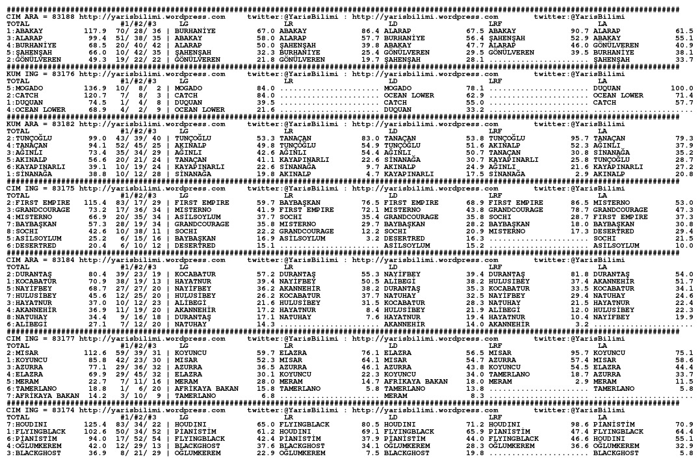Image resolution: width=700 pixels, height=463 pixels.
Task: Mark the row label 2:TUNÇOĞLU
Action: point(29,138)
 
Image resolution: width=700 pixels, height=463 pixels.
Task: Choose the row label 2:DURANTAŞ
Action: point(29,274)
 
